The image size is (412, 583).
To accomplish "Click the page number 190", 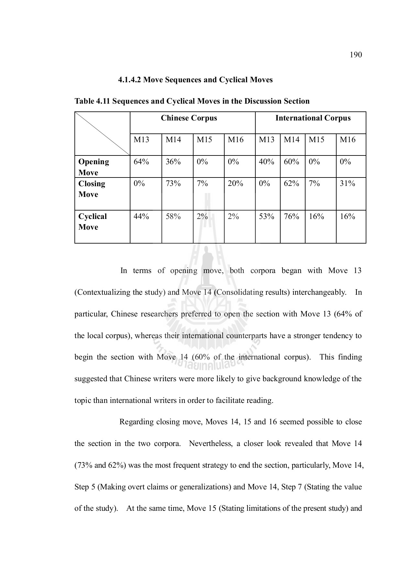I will [x=356, y=55].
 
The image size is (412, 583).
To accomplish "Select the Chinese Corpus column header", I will [x=189, y=118].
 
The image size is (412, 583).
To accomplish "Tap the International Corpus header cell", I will [x=313, y=118].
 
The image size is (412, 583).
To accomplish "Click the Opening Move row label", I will [x=94, y=167].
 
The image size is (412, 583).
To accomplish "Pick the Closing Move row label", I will [x=92, y=189].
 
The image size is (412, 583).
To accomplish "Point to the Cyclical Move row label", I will [x=92, y=222].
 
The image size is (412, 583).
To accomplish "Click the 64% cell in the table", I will [x=141, y=162].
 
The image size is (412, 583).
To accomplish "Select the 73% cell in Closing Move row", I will [x=173, y=184].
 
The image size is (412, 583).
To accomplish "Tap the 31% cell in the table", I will [x=347, y=184].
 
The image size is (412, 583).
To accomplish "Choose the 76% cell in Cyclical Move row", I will [x=291, y=216].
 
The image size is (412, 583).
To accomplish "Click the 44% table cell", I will [x=141, y=216].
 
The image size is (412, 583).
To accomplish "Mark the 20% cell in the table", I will [x=235, y=184].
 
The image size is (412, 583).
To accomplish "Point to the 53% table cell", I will [x=266, y=216].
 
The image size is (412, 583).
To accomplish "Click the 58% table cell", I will [x=173, y=216].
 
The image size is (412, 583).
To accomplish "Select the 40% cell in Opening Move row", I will [x=266, y=162].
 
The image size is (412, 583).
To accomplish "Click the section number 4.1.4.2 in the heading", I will [x=129, y=80].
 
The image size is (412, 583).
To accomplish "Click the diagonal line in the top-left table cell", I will [x=102, y=133].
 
